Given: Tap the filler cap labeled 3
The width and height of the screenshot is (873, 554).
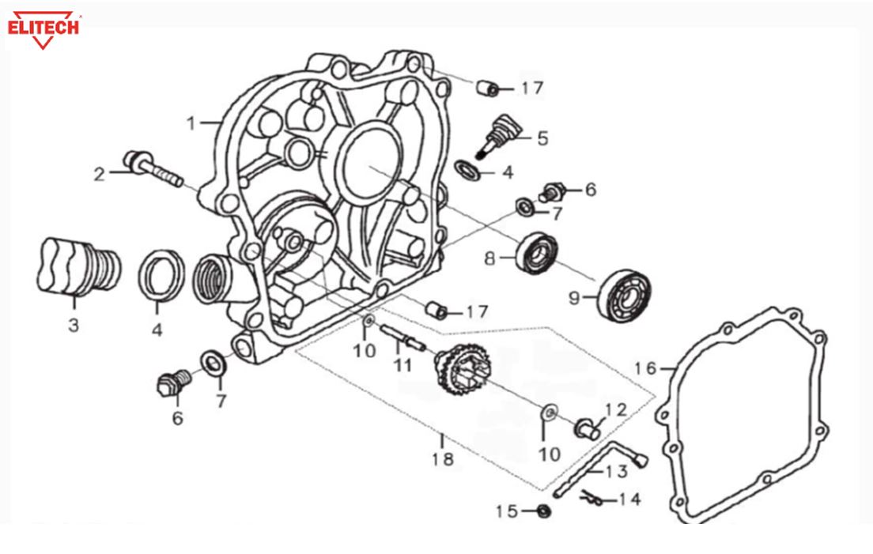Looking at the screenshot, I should (x=77, y=265).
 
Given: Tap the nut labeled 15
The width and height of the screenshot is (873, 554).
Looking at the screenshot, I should (x=543, y=511).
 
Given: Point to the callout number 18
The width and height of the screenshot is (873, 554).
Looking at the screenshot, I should (x=443, y=458).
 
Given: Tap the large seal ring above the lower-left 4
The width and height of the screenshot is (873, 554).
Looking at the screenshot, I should (x=161, y=273).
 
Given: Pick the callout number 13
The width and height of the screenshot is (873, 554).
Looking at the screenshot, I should (x=617, y=472).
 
